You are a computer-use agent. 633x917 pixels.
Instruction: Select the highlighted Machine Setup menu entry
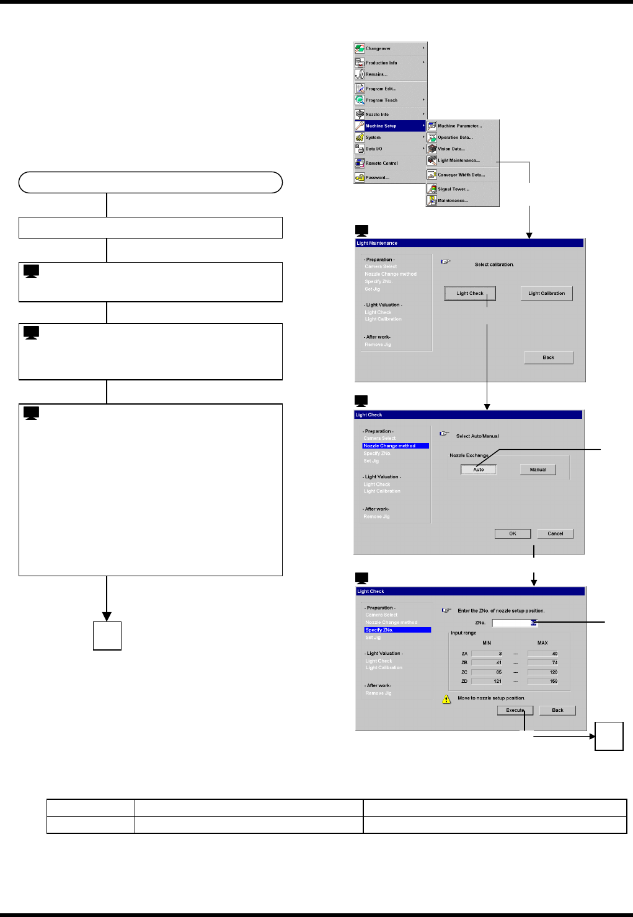click(381, 126)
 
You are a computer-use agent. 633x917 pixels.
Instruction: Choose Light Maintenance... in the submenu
click(459, 160)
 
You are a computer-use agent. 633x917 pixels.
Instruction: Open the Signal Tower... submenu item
click(453, 189)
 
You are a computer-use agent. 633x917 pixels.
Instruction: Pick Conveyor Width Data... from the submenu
click(461, 175)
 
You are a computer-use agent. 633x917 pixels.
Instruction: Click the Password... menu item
click(378, 178)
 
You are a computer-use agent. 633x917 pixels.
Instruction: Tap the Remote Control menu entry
click(381, 164)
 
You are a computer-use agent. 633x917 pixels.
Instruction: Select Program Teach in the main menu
click(381, 100)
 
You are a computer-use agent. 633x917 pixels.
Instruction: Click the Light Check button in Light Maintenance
click(470, 293)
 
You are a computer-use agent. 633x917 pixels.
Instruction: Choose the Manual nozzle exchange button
click(538, 470)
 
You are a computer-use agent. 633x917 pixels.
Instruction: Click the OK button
click(513, 533)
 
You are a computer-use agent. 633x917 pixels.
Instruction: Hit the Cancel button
click(555, 533)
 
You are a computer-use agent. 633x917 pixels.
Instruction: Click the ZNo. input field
click(514, 623)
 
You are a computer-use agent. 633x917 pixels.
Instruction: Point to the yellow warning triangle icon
click(446, 699)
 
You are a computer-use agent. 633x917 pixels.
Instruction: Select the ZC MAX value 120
click(543, 672)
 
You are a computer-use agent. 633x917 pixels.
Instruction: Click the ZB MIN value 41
click(487, 662)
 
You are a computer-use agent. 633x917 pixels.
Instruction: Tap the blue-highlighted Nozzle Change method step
click(396, 446)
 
